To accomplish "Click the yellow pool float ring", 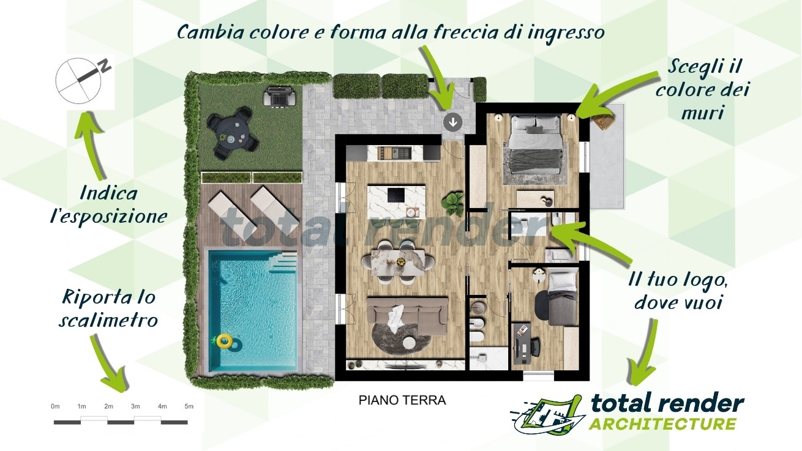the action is point(224,341).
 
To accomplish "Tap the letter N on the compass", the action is point(105,66).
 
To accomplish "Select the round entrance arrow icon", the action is point(453,122).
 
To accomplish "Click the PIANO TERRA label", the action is point(402,400).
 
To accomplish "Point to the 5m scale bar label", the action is point(189,406).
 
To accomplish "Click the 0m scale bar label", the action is point(55,406).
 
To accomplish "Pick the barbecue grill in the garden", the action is point(280,96).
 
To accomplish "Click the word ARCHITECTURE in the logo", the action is point(662,424).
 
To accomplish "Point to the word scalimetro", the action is point(108,319).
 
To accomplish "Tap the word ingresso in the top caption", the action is point(566,33).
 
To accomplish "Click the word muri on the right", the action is point(702,113).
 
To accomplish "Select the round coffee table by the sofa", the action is point(410,343).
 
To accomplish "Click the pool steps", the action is point(283,262).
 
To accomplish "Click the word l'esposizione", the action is point(109,216).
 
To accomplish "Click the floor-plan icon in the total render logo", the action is point(548,414).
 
